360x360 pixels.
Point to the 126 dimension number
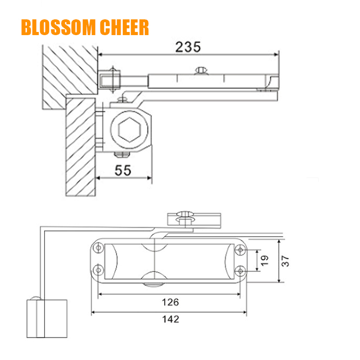click(170, 302)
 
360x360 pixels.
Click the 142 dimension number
click(170, 319)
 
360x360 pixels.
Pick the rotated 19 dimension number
click(264, 261)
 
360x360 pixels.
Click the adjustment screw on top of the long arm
click(201, 71)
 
